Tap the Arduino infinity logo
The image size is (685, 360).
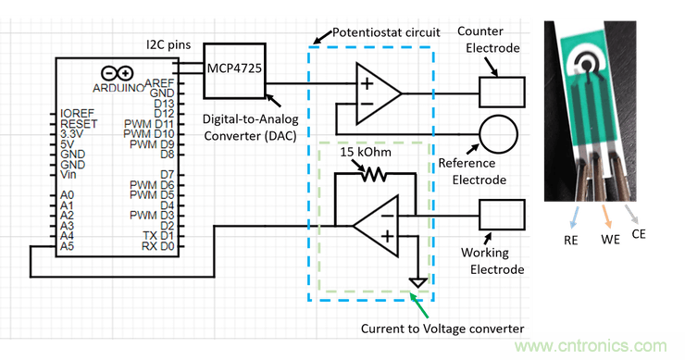tap(117, 73)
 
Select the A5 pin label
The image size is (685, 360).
tap(67, 246)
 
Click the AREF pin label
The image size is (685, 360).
tap(159, 83)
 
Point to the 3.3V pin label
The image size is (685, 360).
tap(71, 134)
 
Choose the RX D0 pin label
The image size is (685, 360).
tap(158, 246)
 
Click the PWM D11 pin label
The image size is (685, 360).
tap(149, 124)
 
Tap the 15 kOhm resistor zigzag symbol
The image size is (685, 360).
tap(374, 175)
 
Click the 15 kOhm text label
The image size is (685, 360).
tap(366, 152)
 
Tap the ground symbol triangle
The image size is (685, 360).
tap(418, 282)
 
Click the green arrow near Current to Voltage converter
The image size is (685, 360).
tap(419, 305)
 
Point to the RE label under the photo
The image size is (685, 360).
tap(570, 241)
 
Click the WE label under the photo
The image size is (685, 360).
tap(610, 240)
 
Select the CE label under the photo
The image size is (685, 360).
tap(639, 234)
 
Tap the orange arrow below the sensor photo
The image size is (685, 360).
tap(606, 217)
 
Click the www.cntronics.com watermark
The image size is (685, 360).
tap(591, 346)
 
